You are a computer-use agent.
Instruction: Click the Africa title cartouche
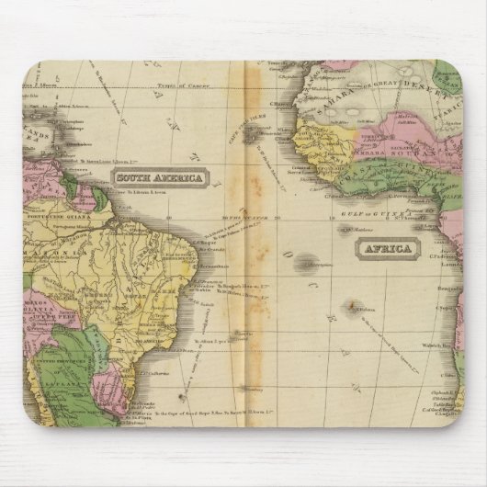pos(387,246)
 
